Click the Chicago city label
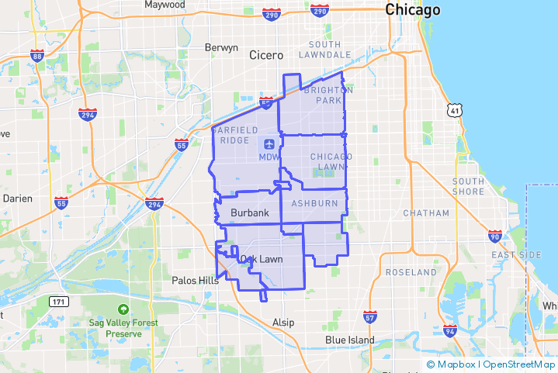tap(412, 10)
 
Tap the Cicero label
tap(266, 55)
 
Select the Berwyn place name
tap(221, 47)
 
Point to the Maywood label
tap(165, 5)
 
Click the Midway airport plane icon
tap(269, 143)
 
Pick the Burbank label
tap(249, 212)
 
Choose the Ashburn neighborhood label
tap(314, 203)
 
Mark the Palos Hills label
tap(195, 280)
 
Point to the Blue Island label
tap(349, 340)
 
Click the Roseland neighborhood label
tap(411, 273)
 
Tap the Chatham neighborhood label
tap(426, 213)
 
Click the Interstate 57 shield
tap(370, 316)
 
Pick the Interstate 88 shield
tap(37, 56)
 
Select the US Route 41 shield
tap(454, 111)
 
